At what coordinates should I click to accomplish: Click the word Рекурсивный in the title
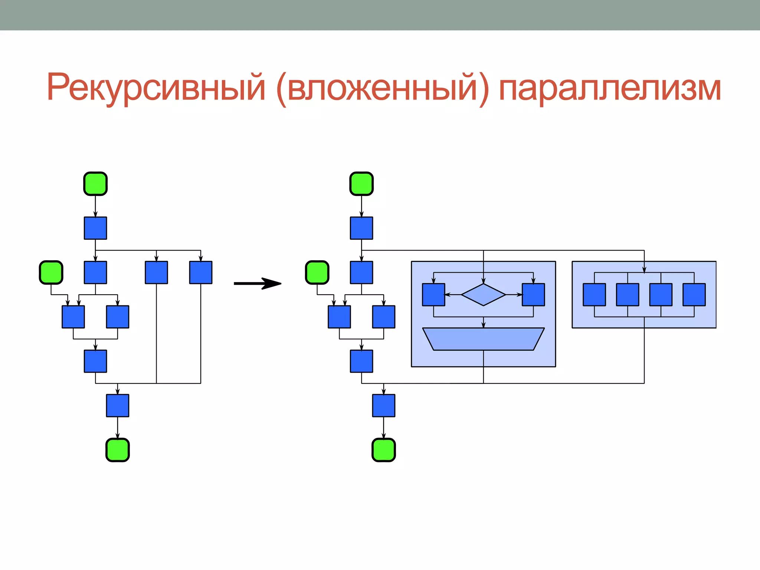156,88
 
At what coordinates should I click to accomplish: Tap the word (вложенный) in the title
382,88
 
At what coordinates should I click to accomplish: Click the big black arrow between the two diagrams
258,284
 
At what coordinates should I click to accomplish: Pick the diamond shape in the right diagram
483,295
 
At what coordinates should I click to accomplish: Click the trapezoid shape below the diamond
483,339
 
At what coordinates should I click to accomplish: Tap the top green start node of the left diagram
95,184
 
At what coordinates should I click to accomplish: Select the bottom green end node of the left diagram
118,450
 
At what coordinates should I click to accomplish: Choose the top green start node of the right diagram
361,184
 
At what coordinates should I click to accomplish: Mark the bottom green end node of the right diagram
384,450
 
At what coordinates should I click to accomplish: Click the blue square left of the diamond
433,295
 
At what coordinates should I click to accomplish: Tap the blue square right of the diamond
533,295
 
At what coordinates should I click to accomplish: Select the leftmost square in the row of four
594,295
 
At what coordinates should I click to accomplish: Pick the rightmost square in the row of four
694,295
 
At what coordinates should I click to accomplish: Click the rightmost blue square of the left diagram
201,272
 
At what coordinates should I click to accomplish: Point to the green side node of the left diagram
51,272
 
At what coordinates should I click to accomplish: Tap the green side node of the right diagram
317,272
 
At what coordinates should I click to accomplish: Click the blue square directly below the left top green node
95,228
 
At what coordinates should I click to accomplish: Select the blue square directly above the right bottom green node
384,406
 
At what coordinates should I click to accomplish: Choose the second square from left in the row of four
628,295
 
